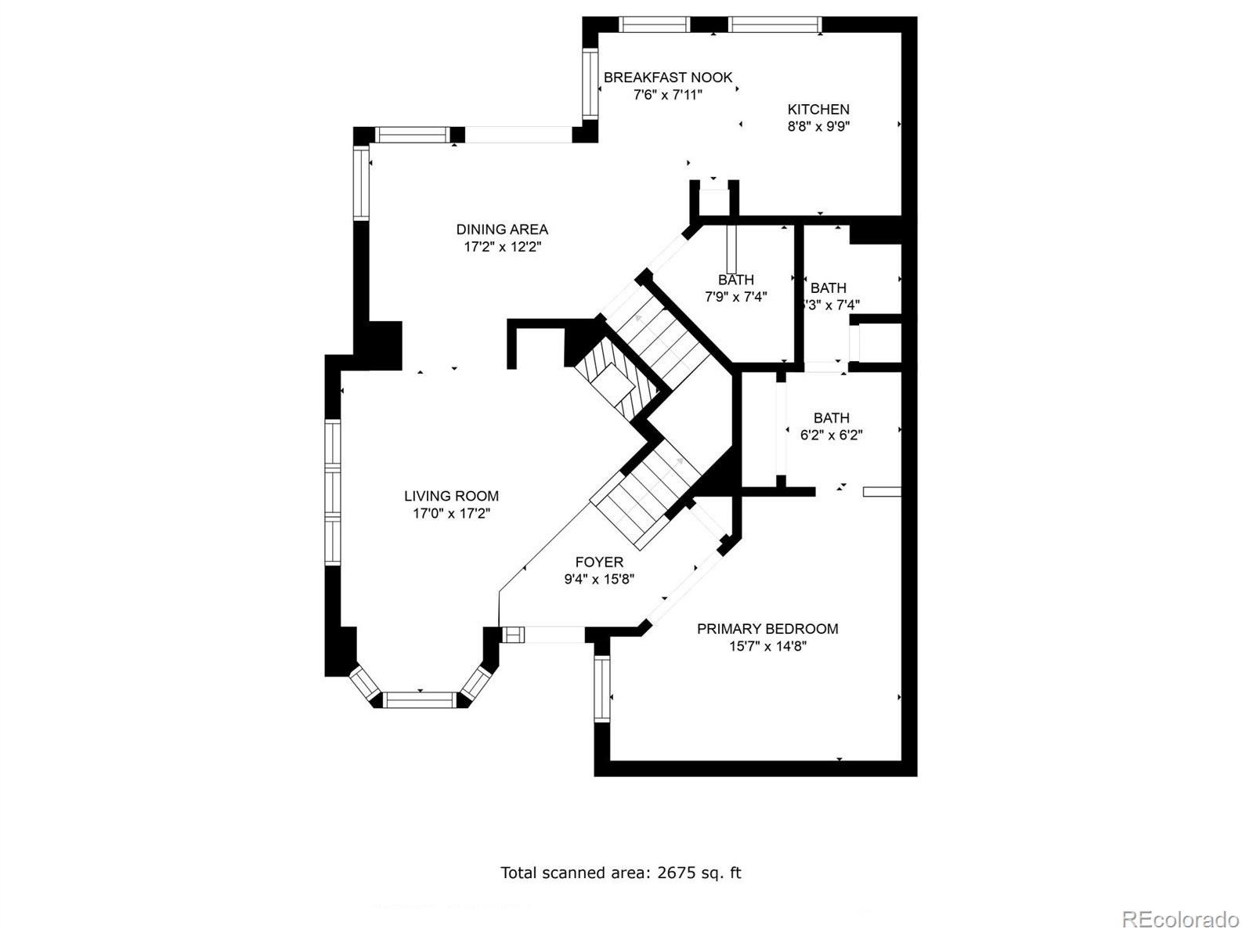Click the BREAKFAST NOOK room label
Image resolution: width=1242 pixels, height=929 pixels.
tap(667, 78)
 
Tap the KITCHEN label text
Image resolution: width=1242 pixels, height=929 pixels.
tap(818, 110)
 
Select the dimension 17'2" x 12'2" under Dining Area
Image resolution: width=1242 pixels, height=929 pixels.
tap(502, 247)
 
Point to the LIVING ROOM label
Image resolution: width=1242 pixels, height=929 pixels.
tap(451, 496)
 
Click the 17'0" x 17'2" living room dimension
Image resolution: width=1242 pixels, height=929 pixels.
tap(451, 514)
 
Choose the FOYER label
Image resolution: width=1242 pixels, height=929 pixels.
tap(599, 562)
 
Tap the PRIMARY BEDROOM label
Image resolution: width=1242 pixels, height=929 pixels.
tap(767, 629)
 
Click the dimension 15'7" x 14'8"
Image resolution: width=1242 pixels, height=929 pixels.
tap(767, 646)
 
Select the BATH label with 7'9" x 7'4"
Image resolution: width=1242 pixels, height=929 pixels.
tap(736, 280)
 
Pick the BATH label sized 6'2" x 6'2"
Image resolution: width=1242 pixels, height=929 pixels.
tap(831, 418)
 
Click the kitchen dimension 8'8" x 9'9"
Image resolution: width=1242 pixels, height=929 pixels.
tap(818, 126)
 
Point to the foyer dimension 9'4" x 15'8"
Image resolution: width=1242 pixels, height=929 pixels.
tap(599, 580)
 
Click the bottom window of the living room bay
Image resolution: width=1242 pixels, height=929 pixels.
tap(420, 699)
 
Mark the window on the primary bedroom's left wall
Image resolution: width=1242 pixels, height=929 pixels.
tap(601, 689)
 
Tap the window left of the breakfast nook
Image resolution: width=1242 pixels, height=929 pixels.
tap(589, 83)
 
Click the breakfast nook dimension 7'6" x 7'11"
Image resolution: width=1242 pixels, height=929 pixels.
tap(667, 95)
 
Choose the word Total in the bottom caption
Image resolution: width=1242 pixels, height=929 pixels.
tap(518, 873)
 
